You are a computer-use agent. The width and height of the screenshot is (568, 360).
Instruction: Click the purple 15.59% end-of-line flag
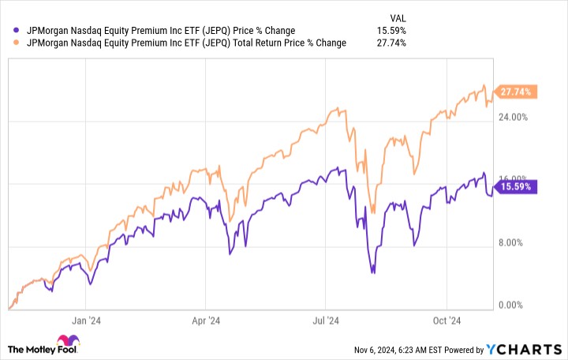pos(517,187)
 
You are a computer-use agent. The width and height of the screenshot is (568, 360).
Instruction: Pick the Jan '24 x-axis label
pos(87,321)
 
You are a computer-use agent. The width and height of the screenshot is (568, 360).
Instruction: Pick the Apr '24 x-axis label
pos(205,321)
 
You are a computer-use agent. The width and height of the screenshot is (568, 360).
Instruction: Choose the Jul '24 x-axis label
pos(325,321)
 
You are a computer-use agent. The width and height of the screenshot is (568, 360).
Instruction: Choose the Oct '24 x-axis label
pos(446,321)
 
